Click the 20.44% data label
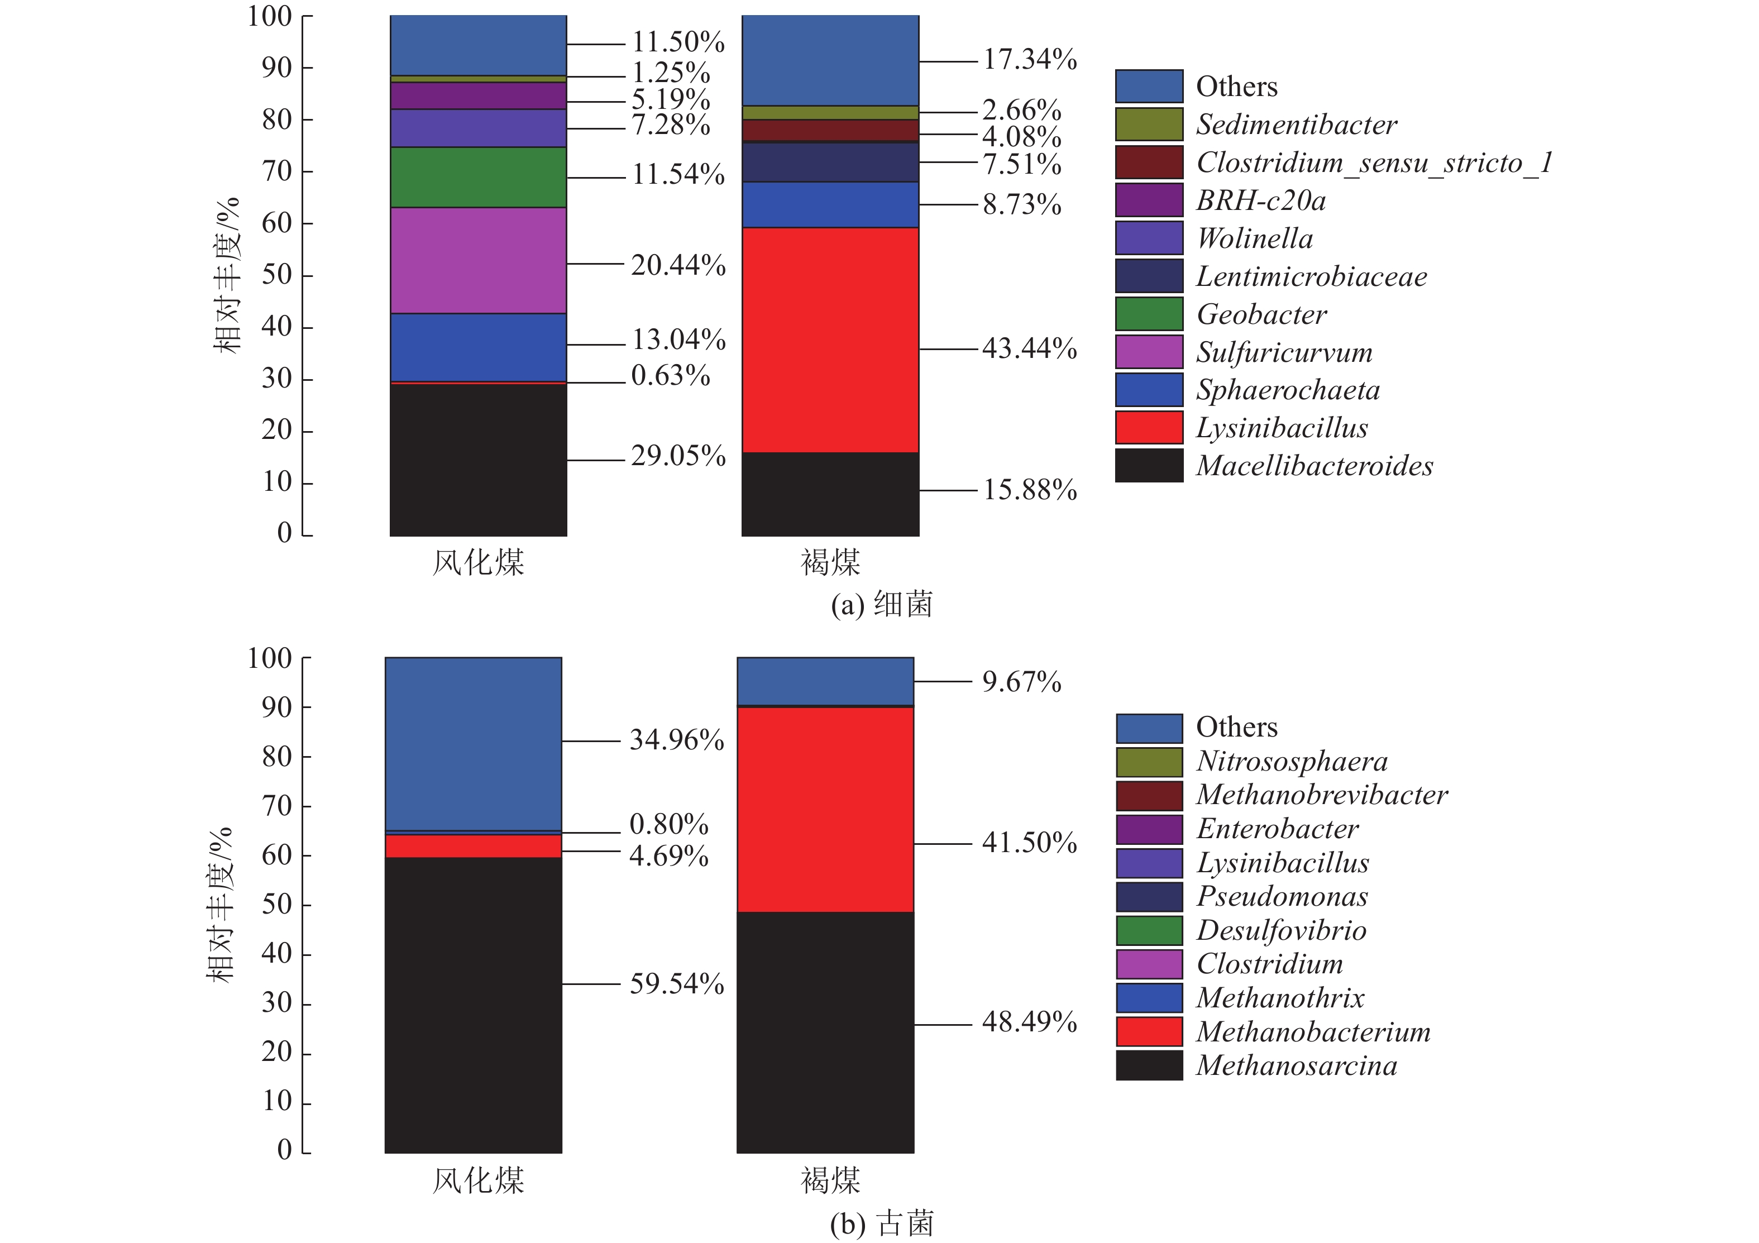678,265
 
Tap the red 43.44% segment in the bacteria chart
830,340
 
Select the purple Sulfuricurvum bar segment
478,260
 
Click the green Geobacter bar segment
478,177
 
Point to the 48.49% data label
1029,1022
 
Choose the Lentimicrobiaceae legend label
1311,276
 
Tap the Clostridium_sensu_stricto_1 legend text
1374,162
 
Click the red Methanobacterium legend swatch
1149,1031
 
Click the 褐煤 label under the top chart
830,563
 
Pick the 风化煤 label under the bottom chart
478,1180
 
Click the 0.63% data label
670,375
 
